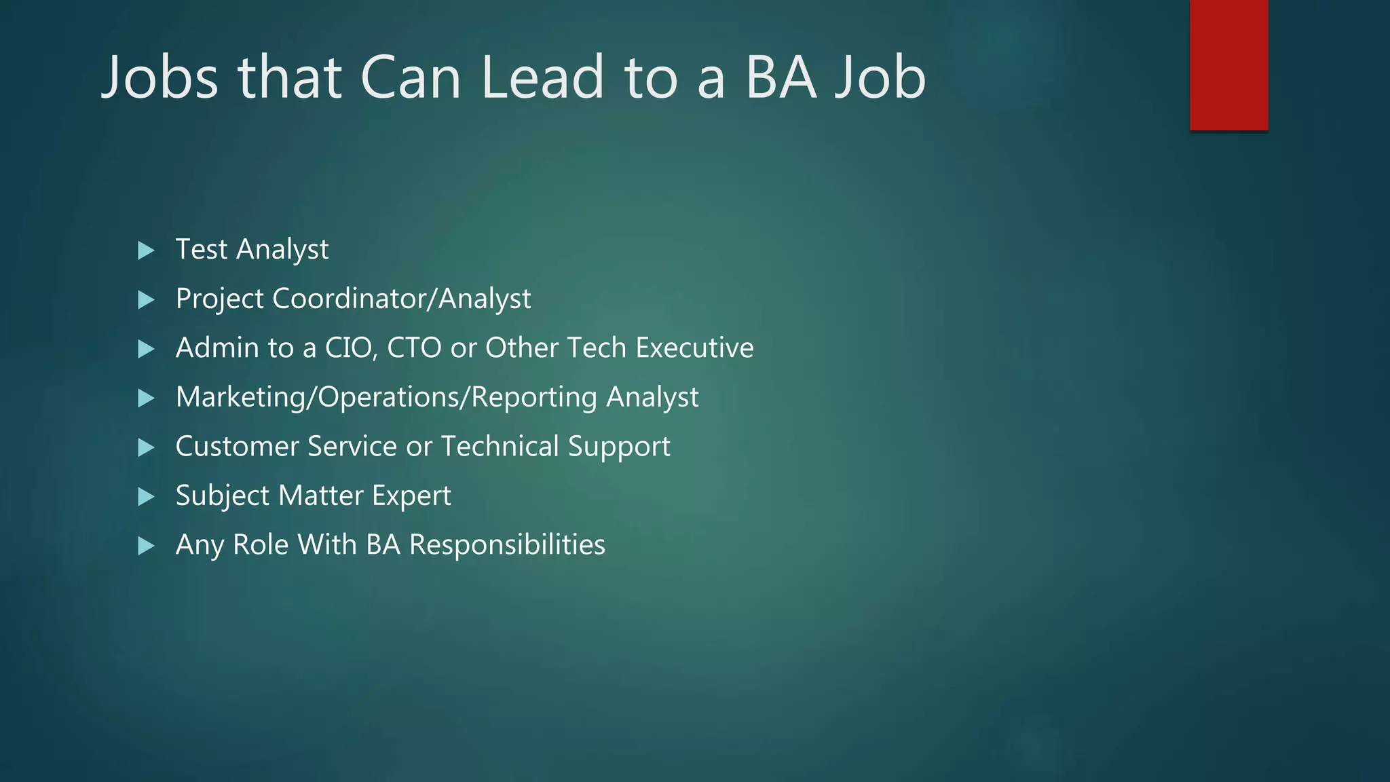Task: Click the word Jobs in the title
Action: coord(159,77)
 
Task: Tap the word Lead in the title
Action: coord(542,77)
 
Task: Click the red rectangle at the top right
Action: coord(1228,65)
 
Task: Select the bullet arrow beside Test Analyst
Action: coord(146,250)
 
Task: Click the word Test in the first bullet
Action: coord(201,249)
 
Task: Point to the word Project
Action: coord(219,299)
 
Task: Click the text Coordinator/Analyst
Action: coord(401,299)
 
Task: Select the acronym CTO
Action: coord(414,348)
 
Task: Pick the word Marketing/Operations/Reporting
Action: coord(386,398)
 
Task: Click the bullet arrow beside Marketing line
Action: coord(146,398)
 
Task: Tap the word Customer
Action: coord(237,447)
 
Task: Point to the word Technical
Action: coord(500,447)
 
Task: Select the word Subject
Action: coord(222,496)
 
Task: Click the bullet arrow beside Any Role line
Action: coord(146,546)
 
